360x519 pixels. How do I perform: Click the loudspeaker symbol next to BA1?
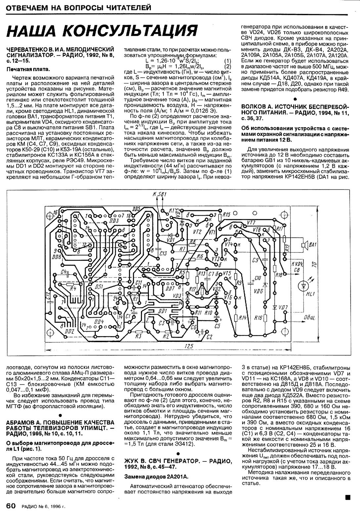[303, 245]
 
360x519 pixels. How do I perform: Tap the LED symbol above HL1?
[303, 285]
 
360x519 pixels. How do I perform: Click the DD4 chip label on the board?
[99, 321]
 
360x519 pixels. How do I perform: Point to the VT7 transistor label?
[251, 222]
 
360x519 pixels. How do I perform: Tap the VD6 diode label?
[259, 292]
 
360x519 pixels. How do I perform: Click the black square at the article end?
[347, 496]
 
